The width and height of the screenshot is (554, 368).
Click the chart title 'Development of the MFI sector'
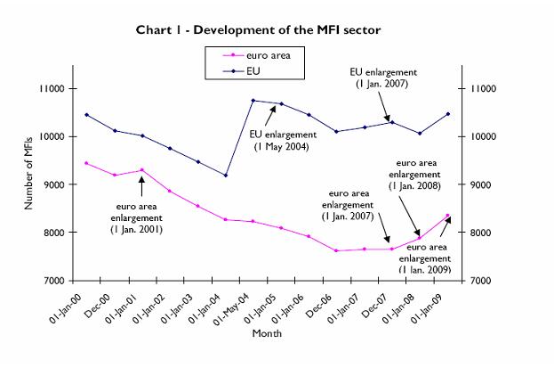tap(258, 30)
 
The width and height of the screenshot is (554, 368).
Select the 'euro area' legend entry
tap(268, 54)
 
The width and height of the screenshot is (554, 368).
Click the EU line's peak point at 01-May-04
tap(253, 101)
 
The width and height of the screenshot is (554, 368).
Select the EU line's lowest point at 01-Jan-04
tap(226, 176)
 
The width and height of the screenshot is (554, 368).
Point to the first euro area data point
tap(85, 163)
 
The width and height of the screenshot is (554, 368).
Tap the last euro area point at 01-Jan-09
tap(447, 216)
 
